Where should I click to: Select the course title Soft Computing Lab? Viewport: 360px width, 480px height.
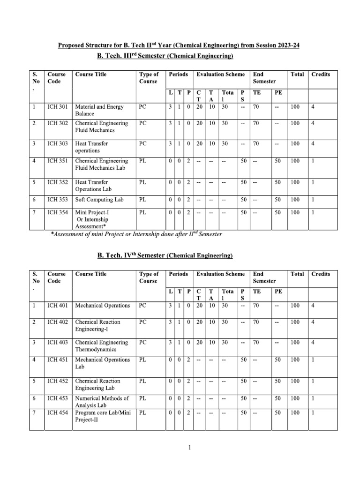pyautogui.click(x=99, y=200)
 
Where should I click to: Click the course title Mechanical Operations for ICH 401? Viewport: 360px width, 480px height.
pyautogui.click(x=103, y=306)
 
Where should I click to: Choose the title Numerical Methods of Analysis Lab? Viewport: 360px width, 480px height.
pyautogui.click(x=102, y=402)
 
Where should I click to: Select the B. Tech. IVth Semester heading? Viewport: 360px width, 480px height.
pyautogui.click(x=165, y=255)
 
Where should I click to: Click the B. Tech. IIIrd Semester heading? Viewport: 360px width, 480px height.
pyautogui.click(x=165, y=56)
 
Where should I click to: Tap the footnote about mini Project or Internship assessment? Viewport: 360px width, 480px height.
pyautogui.click(x=136, y=234)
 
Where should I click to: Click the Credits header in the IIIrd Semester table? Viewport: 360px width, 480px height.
pyautogui.click(x=321, y=74)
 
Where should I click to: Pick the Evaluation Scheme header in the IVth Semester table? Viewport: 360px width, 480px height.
pyautogui.click(x=220, y=274)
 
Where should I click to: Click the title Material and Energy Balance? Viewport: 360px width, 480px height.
pyautogui.click(x=99, y=110)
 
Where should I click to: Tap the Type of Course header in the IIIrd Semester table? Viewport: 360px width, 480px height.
pyautogui.click(x=149, y=78)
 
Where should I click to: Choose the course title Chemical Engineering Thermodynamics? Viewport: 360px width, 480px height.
pyautogui.click(x=102, y=346)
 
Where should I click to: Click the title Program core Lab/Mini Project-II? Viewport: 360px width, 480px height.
pyautogui.click(x=102, y=416)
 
